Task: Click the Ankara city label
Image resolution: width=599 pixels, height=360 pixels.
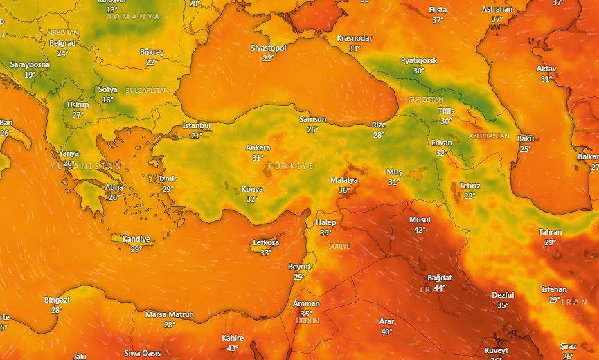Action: (258, 147)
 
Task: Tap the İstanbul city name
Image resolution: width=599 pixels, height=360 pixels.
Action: (196, 125)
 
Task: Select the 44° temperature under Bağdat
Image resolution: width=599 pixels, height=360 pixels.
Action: (439, 288)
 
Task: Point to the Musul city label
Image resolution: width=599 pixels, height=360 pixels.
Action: (420, 219)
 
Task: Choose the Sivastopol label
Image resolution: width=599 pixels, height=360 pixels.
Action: (268, 48)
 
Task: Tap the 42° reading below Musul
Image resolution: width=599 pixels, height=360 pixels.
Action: (420, 230)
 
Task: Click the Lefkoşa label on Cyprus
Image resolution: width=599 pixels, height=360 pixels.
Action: (265, 242)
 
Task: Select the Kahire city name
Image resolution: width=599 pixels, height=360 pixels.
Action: (232, 338)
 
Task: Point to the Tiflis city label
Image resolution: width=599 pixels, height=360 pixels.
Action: (446, 111)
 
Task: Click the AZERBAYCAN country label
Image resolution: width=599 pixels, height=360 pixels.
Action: (488, 136)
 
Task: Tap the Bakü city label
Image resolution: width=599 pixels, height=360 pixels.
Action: (526, 138)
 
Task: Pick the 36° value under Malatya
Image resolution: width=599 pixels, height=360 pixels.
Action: (344, 190)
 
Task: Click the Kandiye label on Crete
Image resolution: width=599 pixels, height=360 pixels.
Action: (136, 239)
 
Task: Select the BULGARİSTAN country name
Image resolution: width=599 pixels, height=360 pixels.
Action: (147, 91)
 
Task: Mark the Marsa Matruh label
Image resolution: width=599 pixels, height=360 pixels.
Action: (170, 314)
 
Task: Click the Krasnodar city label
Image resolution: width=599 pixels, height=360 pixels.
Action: (354, 38)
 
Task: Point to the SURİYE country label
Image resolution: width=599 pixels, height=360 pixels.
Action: (339, 246)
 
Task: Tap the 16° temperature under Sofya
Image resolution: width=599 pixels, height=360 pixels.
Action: (107, 100)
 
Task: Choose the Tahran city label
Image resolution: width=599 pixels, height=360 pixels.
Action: (550, 232)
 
